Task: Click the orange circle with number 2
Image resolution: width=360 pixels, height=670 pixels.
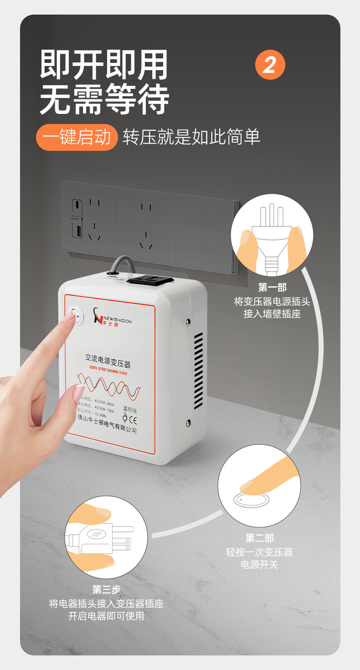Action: point(270,65)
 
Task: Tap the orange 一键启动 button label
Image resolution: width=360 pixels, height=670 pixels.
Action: point(77,137)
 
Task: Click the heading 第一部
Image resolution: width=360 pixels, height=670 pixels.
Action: point(272,287)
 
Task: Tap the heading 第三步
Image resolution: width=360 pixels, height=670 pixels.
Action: point(106,589)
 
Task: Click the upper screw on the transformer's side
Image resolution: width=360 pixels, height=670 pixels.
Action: point(188,322)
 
